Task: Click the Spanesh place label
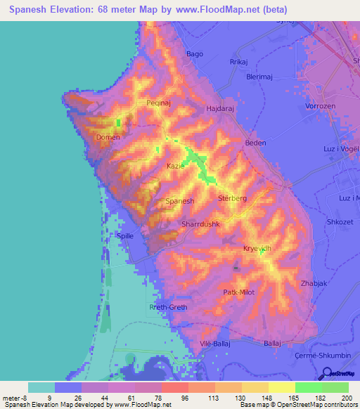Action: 179,201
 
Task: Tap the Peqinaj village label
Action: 159,103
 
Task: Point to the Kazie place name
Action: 175,166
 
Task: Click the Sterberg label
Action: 233,199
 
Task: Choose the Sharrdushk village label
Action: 201,224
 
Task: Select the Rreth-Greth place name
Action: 168,308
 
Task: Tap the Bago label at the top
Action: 194,54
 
